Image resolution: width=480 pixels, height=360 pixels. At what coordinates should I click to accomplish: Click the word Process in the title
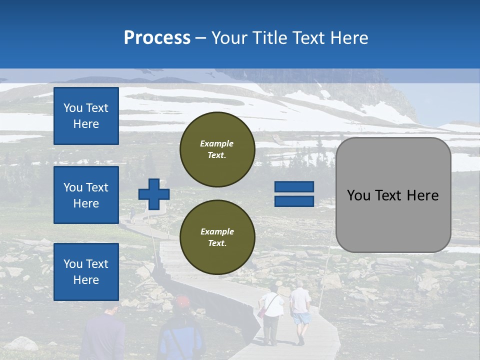pyautogui.click(x=157, y=38)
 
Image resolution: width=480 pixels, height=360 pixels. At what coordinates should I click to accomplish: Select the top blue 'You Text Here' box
pyautogui.click(x=86, y=116)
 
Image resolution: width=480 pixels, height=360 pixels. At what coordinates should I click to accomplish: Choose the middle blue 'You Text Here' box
pyautogui.click(x=86, y=195)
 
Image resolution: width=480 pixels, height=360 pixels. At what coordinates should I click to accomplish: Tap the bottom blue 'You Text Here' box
pyautogui.click(x=86, y=271)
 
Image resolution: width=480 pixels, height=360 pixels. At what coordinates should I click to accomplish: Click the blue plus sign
pyautogui.click(x=154, y=194)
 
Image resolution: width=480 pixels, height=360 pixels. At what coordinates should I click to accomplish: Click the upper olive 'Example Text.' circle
pyautogui.click(x=217, y=149)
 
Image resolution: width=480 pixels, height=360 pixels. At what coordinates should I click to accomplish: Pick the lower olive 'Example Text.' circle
pyautogui.click(x=217, y=237)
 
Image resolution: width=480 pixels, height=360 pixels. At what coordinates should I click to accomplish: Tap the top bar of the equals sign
pyautogui.click(x=294, y=186)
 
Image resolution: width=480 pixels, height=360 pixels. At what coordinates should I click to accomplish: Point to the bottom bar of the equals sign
pyautogui.click(x=294, y=201)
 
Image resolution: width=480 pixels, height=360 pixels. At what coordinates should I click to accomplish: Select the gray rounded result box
pyautogui.click(x=393, y=195)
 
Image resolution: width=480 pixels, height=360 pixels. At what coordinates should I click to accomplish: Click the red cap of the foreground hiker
pyautogui.click(x=183, y=301)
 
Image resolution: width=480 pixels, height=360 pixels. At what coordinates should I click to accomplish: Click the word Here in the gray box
pyautogui.click(x=422, y=195)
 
